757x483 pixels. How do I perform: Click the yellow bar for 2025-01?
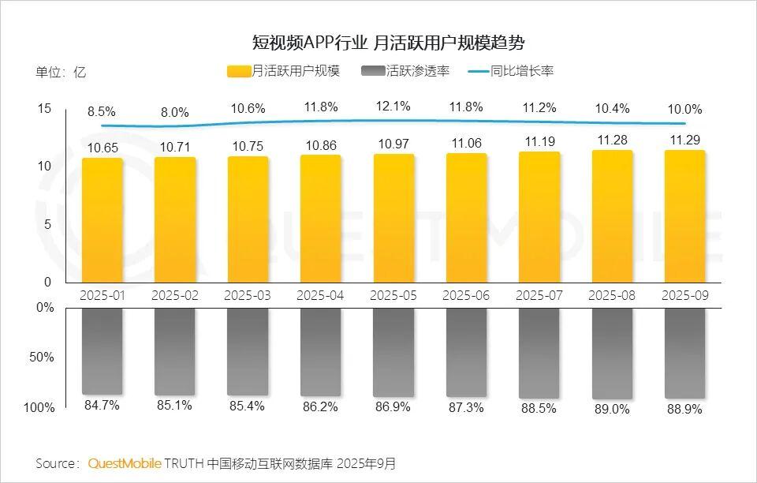click(x=103, y=220)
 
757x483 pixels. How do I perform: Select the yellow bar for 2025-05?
click(x=393, y=218)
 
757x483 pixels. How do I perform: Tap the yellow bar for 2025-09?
click(x=684, y=216)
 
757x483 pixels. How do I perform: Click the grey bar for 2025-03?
click(x=248, y=351)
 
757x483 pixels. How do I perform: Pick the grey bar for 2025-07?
click(x=539, y=353)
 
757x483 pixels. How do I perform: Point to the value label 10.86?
click(x=320, y=146)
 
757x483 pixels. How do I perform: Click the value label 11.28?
click(x=612, y=140)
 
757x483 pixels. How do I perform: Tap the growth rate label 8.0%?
click(x=175, y=112)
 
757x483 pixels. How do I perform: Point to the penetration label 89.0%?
click(x=612, y=410)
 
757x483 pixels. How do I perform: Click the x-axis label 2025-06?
click(x=466, y=295)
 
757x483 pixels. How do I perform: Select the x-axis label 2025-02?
click(x=175, y=295)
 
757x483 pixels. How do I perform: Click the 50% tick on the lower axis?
click(x=44, y=357)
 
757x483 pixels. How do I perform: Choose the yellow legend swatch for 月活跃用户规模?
click(x=239, y=71)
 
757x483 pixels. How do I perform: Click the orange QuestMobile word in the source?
click(x=125, y=462)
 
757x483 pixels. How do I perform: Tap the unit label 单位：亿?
click(x=61, y=72)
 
